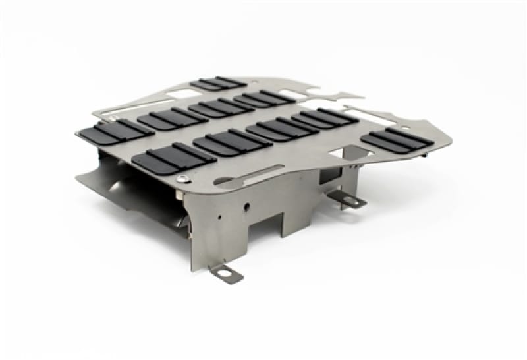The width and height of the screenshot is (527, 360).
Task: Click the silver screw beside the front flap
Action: [x=182, y=177]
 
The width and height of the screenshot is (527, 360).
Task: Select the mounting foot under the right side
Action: [x=347, y=200]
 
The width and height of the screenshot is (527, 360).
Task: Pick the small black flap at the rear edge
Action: [x=218, y=84]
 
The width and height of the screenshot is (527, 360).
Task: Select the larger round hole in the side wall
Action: [x=246, y=206]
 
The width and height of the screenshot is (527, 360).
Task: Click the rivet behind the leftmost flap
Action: [x=113, y=118]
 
